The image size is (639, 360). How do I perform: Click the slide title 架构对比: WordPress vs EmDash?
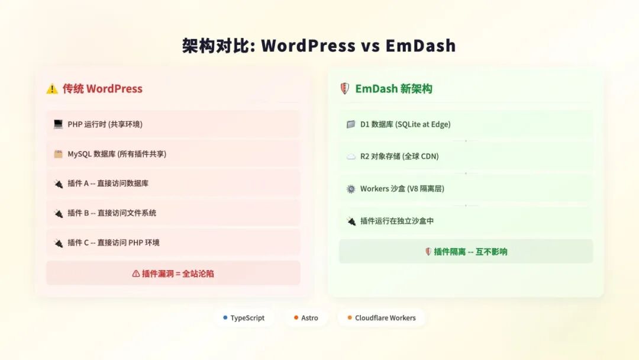pyautogui.click(x=319, y=46)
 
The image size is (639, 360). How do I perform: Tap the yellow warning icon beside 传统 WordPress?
pyautogui.click(x=52, y=89)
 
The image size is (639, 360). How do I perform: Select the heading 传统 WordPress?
pyautogui.click(x=102, y=89)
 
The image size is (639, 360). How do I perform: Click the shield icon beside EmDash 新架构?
pyautogui.click(x=344, y=89)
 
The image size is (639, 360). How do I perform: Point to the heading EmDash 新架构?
pyautogui.click(x=393, y=89)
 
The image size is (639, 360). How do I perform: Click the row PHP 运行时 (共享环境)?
pyautogui.click(x=173, y=124)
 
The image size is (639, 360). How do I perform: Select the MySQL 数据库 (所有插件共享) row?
pyautogui.click(x=173, y=154)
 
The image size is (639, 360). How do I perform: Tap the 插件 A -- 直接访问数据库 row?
pyautogui.click(x=173, y=184)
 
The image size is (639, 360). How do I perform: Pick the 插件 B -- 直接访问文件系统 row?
pyautogui.click(x=173, y=213)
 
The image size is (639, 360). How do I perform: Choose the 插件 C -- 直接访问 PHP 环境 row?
pyautogui.click(x=173, y=243)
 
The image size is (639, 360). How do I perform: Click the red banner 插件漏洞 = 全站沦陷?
pyautogui.click(x=173, y=274)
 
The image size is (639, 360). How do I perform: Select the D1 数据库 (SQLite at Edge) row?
pyautogui.click(x=466, y=124)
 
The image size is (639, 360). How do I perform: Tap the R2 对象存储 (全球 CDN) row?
pyautogui.click(x=466, y=157)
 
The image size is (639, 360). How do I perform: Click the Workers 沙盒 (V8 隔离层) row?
pyautogui.click(x=466, y=189)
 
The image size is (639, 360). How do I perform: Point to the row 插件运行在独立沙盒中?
pyautogui.click(x=466, y=221)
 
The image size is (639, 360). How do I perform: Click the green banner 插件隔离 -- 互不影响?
pyautogui.click(x=466, y=252)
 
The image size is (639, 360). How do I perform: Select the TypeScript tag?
pyautogui.click(x=244, y=318)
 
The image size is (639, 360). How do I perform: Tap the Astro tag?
pyautogui.click(x=306, y=318)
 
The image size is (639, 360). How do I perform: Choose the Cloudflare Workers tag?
pyautogui.click(x=381, y=318)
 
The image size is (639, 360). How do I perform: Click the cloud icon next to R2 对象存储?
pyautogui.click(x=350, y=157)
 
